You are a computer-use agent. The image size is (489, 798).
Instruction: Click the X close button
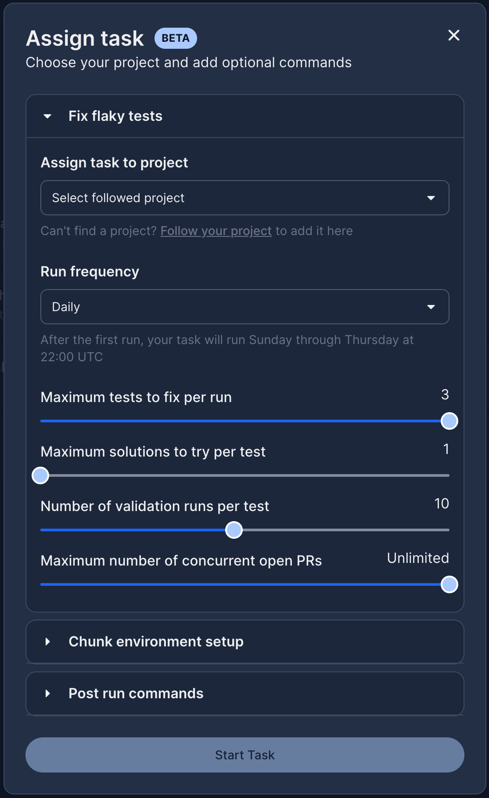point(454,35)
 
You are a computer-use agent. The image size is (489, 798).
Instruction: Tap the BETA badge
point(176,38)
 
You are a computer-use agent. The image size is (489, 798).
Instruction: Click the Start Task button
point(245,755)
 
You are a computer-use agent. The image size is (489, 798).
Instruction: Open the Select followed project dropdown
point(245,198)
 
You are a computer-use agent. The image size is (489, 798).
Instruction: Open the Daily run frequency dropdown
point(245,307)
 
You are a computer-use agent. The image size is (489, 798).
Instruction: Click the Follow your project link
point(216,231)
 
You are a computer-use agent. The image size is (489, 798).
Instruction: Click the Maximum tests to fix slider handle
point(449,421)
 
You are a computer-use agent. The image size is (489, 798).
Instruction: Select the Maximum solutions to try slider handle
point(40,475)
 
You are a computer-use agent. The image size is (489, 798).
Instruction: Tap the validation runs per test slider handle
point(234,530)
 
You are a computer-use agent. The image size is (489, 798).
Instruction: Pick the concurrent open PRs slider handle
point(449,584)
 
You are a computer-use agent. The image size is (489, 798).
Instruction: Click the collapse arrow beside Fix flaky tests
point(47,116)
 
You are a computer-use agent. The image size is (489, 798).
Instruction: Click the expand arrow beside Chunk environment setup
point(47,642)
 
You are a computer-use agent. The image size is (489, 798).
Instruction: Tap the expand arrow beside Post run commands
point(47,693)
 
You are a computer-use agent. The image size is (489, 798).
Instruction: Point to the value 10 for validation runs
point(442,504)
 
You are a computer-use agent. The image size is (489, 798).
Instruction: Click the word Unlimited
point(418,558)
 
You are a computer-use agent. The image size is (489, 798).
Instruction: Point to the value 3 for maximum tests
point(445,395)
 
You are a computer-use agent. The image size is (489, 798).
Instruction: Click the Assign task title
point(85,39)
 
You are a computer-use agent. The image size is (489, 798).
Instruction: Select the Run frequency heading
point(90,272)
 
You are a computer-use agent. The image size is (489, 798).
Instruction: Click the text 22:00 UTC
point(72,357)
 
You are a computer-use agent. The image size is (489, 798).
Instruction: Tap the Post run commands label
point(136,693)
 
